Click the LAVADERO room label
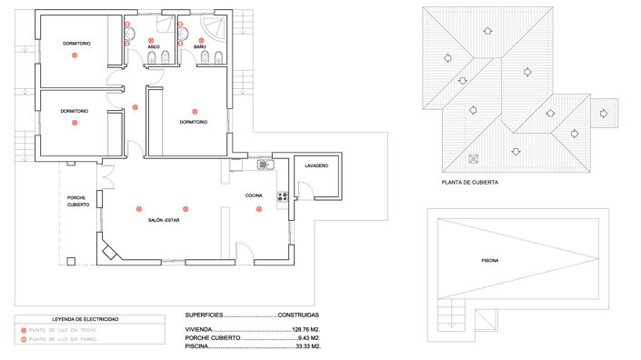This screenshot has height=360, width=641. click(x=315, y=165)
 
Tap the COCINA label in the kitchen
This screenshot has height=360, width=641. click(x=254, y=195)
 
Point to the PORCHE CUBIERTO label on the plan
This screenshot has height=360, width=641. click(x=78, y=201)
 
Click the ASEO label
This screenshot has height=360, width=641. click(x=154, y=46)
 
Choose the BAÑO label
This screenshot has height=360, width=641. click(x=199, y=46)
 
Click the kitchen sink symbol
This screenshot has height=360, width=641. click(x=265, y=165)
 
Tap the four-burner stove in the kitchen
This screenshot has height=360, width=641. click(x=282, y=195)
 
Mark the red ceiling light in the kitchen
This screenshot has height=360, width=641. click(x=259, y=209)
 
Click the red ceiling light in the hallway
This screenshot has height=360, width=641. click(x=135, y=107)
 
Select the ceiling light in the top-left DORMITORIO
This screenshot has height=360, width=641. click(x=75, y=55)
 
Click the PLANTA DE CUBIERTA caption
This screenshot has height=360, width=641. click(x=468, y=182)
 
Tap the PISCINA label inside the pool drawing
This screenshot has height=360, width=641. click(x=490, y=260)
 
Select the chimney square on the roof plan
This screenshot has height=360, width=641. click(x=472, y=159)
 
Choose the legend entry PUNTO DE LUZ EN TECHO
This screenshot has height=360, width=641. click(x=64, y=330)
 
